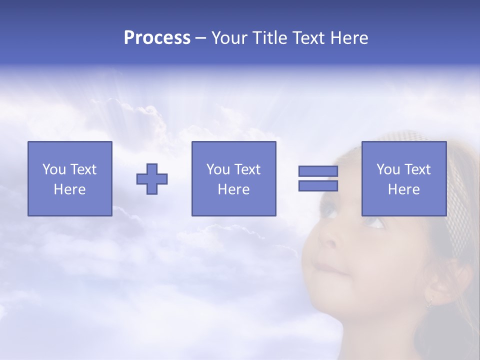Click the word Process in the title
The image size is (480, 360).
157,38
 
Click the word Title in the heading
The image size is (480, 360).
269,38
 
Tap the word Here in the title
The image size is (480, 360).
348,38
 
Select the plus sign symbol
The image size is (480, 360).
152,179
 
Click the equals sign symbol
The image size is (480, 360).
318,178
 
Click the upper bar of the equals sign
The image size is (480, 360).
318,171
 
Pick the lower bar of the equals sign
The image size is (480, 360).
318,186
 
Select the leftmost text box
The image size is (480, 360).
70,178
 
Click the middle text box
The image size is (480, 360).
233,178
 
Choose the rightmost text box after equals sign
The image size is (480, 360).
403,178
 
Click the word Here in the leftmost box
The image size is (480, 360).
70,189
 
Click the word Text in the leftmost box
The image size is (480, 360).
83,169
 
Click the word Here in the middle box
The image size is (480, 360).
233,189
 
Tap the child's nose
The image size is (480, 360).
327,237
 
